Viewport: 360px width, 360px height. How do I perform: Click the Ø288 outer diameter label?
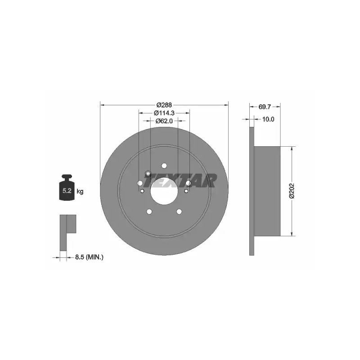coord(164,105)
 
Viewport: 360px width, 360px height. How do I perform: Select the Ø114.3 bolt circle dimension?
coord(164,113)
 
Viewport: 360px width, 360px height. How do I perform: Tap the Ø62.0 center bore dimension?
coord(164,121)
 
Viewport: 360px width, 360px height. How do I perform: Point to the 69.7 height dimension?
coord(265,107)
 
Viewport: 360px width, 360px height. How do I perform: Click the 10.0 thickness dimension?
coord(268,119)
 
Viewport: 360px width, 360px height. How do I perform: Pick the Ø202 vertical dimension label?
coord(292,190)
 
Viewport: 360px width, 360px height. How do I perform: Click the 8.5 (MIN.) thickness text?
coord(89,257)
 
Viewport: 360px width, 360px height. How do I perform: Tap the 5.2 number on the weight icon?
coord(67,190)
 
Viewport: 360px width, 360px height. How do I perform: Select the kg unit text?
coord(80,191)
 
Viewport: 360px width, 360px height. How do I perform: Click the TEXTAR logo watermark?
coord(180,180)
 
